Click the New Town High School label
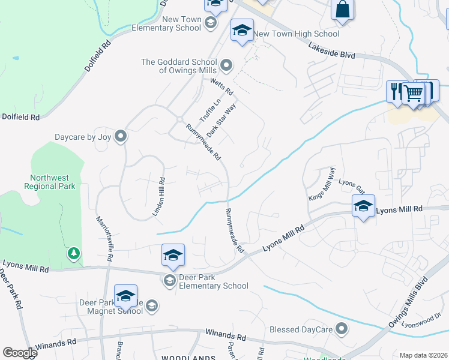(x=297, y=34)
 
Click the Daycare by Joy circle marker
(x=121, y=137)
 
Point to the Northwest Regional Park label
(x=53, y=182)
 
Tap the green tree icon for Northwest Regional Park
(x=74, y=254)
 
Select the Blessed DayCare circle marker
(x=342, y=328)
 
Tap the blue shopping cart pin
(x=413, y=94)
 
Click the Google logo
(x=20, y=353)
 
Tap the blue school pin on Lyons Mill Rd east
(x=363, y=206)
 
